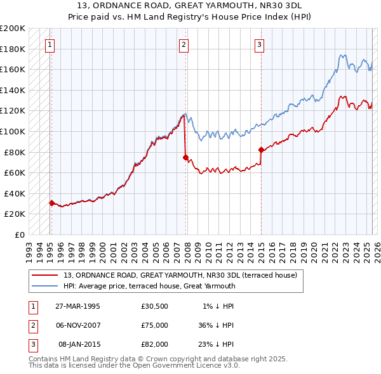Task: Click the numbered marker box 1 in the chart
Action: pos(50,44)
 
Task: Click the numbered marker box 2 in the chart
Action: pos(184,44)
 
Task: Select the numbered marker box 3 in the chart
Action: pos(260,44)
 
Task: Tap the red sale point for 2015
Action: pos(261,150)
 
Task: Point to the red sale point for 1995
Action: pos(51,203)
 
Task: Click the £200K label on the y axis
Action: pos(13,29)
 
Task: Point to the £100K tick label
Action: pos(13,131)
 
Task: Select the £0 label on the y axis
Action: pos(18,235)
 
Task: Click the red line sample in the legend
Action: pos(44,275)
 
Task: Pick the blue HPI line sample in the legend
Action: pos(44,286)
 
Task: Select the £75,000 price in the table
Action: pos(155,325)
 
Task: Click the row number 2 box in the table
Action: pos(31,325)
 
